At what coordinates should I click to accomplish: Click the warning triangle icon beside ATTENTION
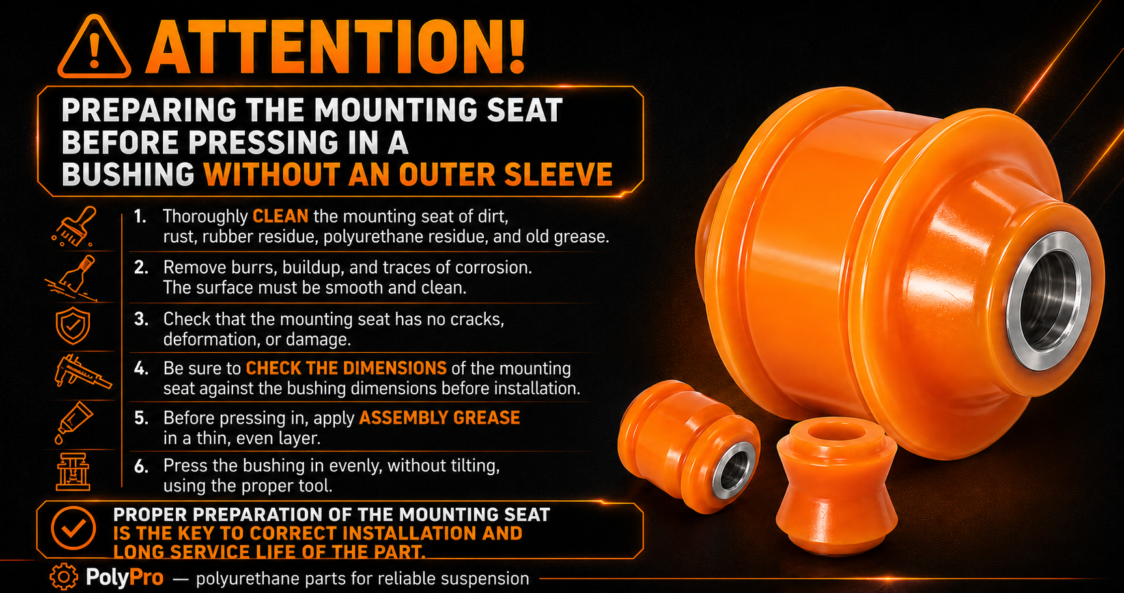coord(94,48)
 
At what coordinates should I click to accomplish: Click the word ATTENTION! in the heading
coord(336,47)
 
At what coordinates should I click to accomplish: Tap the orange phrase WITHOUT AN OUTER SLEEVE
coord(408,174)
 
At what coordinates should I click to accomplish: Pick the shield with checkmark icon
coord(73,326)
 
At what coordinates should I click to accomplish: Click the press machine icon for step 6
coord(73,471)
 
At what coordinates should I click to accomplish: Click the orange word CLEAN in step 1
coord(281,216)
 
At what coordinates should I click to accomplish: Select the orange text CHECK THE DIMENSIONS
coord(346,368)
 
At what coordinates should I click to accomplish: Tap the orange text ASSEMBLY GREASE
coord(440,418)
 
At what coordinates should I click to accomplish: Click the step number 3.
coord(141,319)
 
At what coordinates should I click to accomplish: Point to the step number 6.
coord(141,466)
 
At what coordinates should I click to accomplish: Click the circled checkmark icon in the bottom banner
coord(73,528)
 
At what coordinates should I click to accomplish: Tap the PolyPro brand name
coord(124,577)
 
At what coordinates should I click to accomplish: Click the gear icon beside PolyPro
coord(63,577)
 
